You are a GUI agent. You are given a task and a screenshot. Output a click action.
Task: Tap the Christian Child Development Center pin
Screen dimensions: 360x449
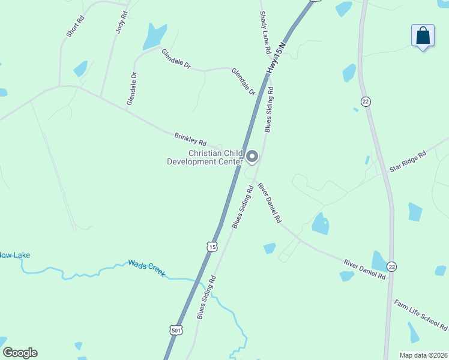click(253, 157)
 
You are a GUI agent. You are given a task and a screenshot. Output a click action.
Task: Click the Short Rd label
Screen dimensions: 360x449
click(76, 26)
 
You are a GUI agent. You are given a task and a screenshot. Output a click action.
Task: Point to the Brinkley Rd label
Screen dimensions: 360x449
click(190, 139)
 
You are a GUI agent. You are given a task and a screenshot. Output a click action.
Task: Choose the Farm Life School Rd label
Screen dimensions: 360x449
click(421, 316)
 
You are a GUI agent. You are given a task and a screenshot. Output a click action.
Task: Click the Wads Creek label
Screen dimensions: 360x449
click(146, 268)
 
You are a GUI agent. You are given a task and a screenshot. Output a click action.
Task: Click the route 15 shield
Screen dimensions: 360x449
click(211, 247)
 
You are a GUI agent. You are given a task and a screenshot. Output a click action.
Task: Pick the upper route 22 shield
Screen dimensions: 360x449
click(365, 101)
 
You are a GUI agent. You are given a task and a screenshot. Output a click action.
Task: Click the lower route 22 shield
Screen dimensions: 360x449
click(392, 266)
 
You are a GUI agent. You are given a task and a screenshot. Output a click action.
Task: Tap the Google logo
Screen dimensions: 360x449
click(20, 353)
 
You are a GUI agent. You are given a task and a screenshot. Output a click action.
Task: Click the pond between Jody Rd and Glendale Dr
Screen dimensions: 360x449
click(154, 37)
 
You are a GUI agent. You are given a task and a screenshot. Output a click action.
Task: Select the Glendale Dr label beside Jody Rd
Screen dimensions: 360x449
click(132, 89)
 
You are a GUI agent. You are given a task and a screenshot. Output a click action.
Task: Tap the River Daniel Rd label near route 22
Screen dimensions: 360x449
click(365, 269)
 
